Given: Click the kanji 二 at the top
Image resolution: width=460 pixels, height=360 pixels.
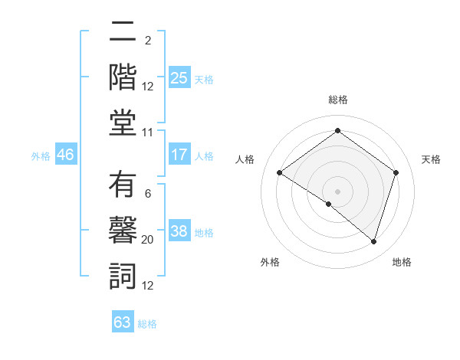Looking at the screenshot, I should pyautogui.click(x=123, y=33).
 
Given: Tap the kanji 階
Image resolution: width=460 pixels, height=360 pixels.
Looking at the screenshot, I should pyautogui.click(x=123, y=77).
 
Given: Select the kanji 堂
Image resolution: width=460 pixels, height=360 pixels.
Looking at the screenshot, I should pyautogui.click(x=123, y=122).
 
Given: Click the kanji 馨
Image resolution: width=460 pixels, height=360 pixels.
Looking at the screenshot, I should pyautogui.click(x=123, y=230).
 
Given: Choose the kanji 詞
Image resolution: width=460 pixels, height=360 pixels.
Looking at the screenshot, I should pyautogui.click(x=123, y=274).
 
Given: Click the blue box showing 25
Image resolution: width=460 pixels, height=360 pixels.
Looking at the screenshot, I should pyautogui.click(x=179, y=77).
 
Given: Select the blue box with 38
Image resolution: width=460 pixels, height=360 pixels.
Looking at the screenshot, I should pyautogui.click(x=179, y=232).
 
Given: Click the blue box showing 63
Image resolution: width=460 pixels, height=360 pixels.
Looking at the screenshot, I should pyautogui.click(x=123, y=322).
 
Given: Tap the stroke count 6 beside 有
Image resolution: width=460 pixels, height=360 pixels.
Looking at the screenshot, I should pyautogui.click(x=147, y=194).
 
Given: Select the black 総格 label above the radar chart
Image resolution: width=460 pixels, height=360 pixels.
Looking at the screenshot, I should pyautogui.click(x=337, y=100).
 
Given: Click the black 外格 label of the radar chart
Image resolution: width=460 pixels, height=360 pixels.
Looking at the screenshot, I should pyautogui.click(x=269, y=262).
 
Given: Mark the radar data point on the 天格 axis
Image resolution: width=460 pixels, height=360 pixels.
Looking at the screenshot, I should pyautogui.click(x=396, y=172).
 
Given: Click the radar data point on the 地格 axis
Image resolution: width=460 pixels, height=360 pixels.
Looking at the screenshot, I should pyautogui.click(x=373, y=241).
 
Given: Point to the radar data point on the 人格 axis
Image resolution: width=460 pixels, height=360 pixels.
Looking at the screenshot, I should pyautogui.click(x=279, y=172).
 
